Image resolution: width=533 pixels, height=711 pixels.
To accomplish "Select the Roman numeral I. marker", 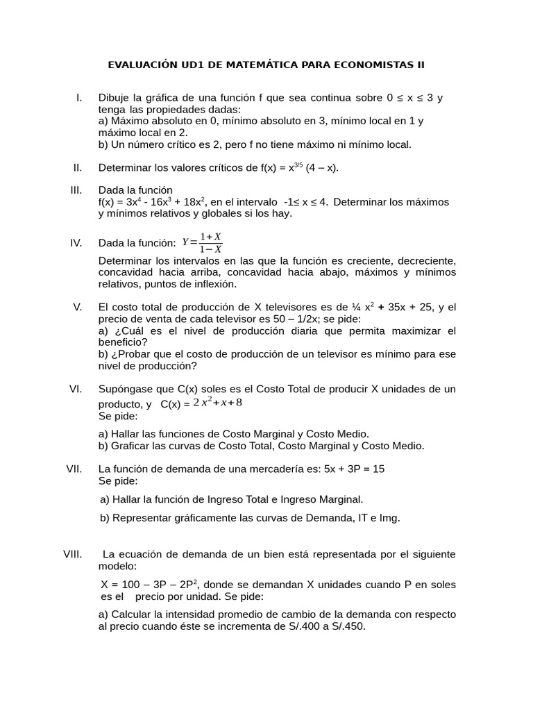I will click(x=79, y=97).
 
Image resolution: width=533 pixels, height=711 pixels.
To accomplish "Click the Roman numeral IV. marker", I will click(x=76, y=242).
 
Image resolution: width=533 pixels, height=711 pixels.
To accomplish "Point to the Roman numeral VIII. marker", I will click(x=73, y=554).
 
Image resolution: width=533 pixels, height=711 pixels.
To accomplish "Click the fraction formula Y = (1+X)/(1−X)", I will click(x=202, y=242).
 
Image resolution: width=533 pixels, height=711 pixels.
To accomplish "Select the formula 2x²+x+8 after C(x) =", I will click(x=217, y=403).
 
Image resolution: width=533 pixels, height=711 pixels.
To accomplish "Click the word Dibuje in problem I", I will click(x=113, y=97).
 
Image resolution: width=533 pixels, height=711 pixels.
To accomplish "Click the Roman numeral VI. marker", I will click(x=76, y=389).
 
